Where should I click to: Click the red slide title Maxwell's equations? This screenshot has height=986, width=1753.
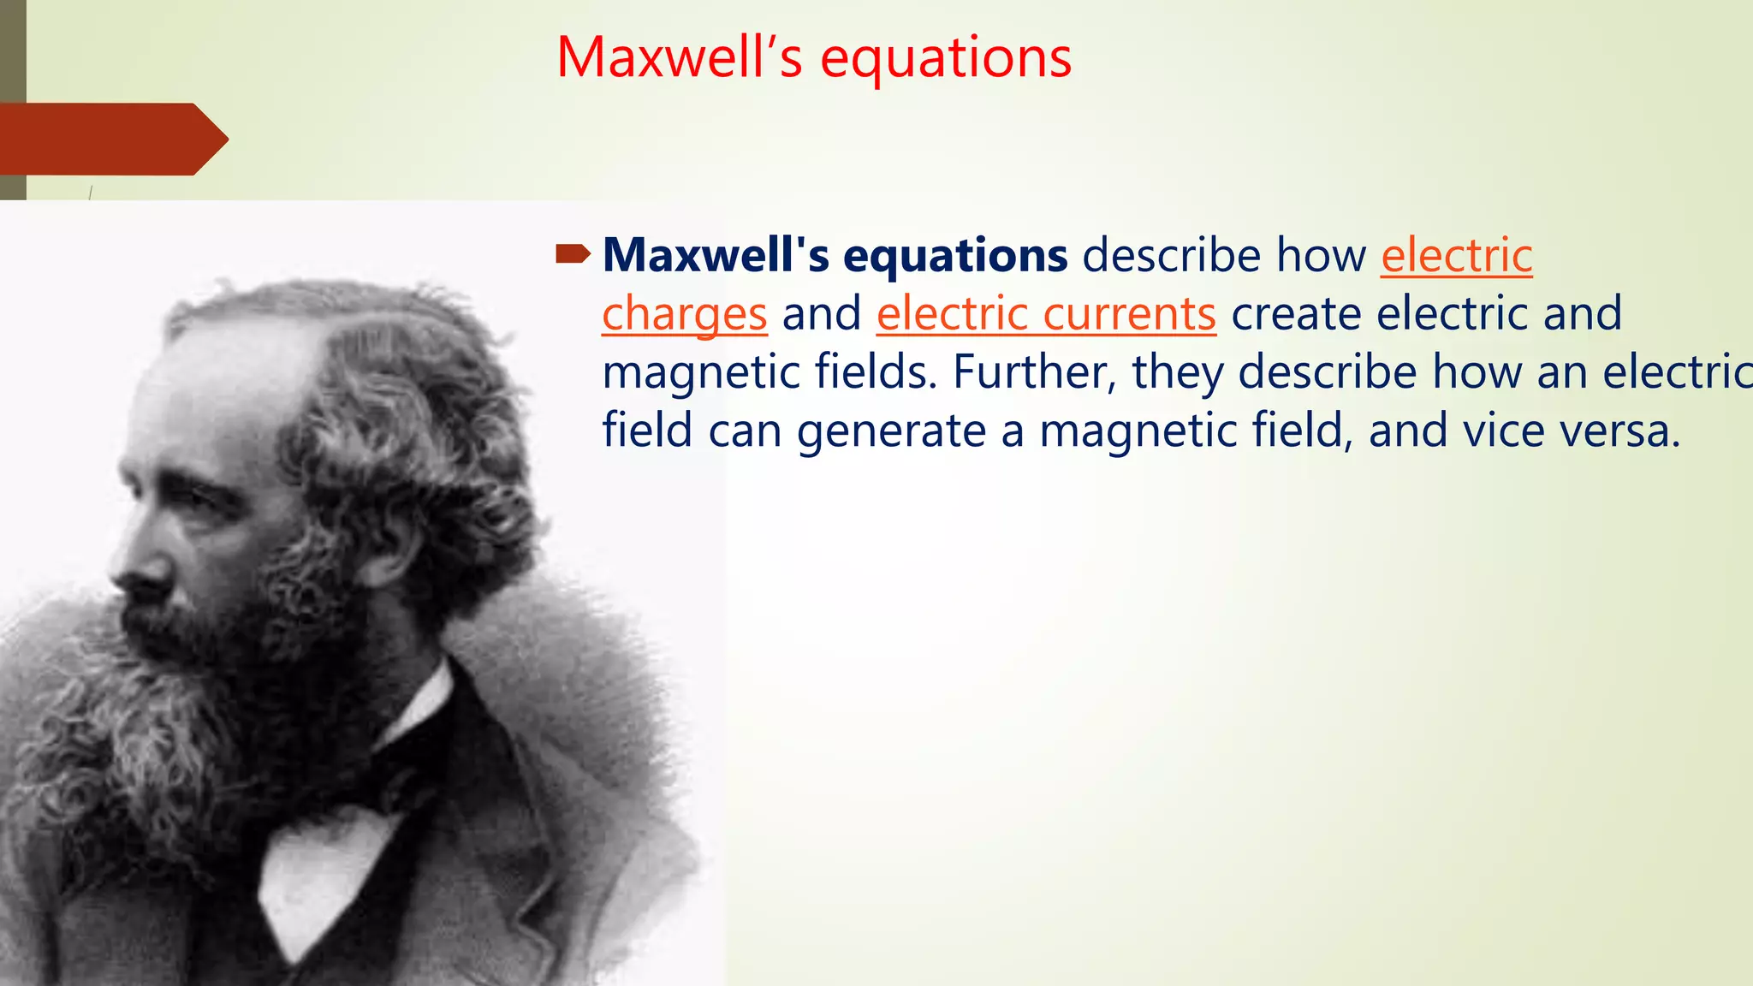[x=813, y=58]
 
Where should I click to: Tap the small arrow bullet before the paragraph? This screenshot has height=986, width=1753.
[x=573, y=253]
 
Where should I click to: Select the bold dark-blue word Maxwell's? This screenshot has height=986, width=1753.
[x=716, y=255]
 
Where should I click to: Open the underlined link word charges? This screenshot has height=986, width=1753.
[x=684, y=314]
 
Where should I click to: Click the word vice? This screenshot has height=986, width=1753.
[x=1494, y=431]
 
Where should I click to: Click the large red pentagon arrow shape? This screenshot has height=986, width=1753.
[x=111, y=139]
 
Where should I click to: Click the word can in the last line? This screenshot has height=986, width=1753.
[x=745, y=431]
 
